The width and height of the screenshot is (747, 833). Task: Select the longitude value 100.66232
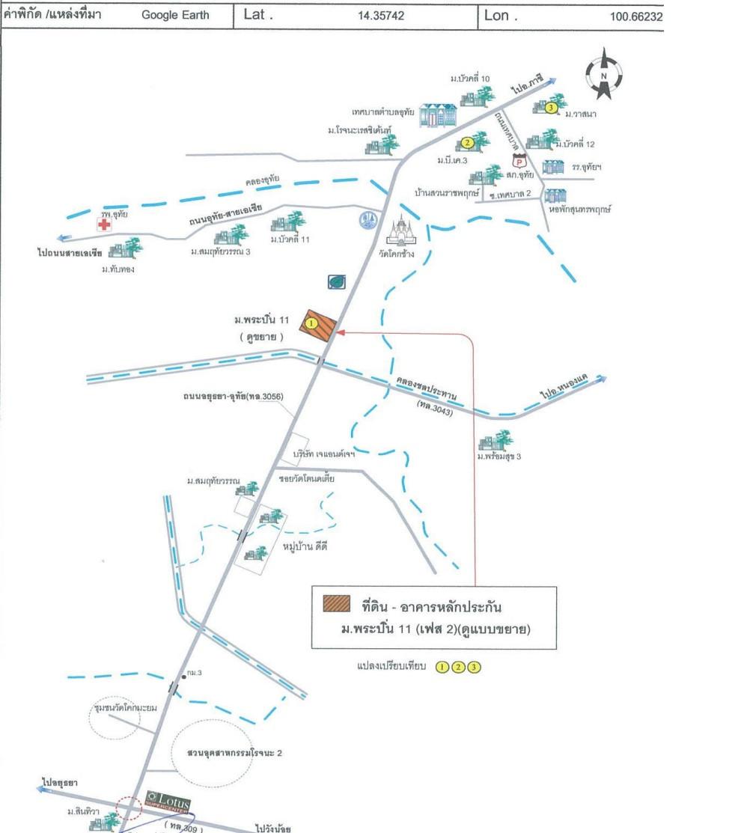636,15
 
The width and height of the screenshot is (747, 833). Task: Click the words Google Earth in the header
175,15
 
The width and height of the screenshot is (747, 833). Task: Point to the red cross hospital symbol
103,225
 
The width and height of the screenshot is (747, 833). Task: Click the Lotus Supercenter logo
163,799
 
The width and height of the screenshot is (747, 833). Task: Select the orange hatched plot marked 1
317,326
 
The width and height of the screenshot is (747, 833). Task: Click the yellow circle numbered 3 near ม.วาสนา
551,108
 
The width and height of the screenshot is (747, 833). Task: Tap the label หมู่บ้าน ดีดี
305,546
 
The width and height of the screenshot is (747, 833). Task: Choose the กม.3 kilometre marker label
195,673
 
